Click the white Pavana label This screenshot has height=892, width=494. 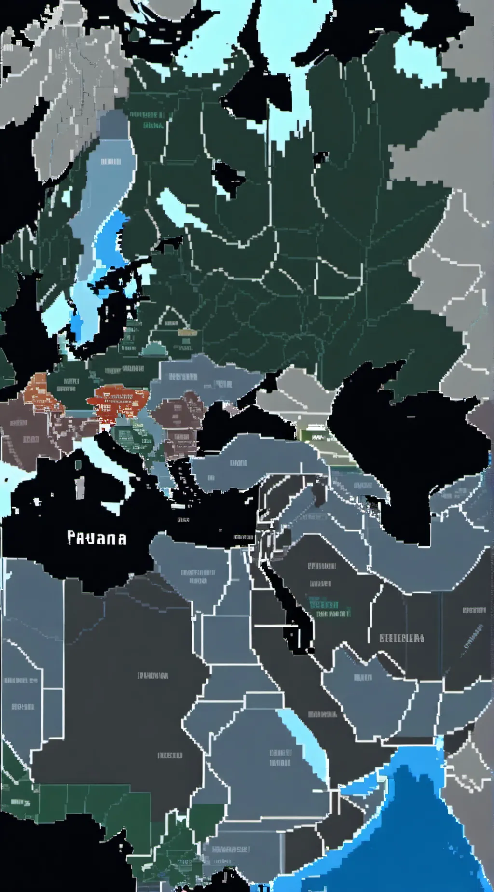tap(97, 538)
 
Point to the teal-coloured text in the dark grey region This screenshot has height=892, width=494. tap(324, 605)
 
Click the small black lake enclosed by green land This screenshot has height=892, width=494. tap(227, 176)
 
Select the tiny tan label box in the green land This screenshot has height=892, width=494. tap(187, 333)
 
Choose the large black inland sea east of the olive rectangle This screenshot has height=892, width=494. tap(410, 454)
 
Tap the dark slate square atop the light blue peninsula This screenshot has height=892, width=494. tap(114, 124)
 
